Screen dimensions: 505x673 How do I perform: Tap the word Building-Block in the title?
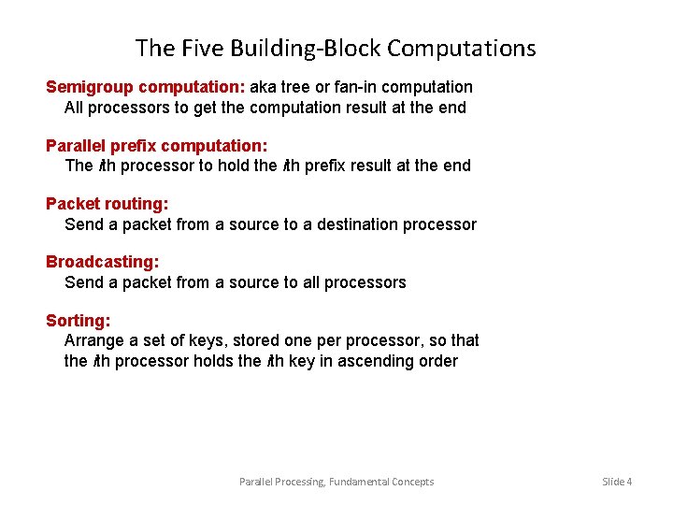pos(300,48)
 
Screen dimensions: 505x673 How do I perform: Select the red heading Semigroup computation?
pos(146,87)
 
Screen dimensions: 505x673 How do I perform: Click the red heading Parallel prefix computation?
pos(157,145)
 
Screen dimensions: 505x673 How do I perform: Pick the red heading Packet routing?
pos(107,203)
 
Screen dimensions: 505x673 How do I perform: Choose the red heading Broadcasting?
pos(102,262)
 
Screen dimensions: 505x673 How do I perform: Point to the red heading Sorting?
pos(78,321)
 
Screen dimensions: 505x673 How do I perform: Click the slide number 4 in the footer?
pos(629,482)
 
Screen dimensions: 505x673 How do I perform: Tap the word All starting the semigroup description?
pos(75,108)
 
